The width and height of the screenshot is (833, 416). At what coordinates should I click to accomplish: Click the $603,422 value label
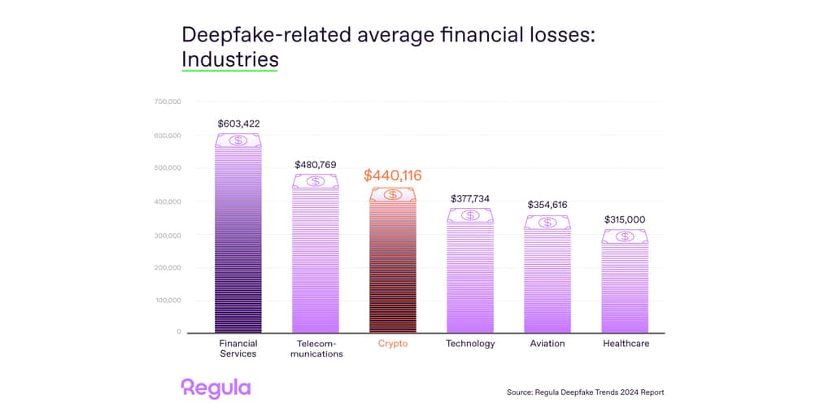[x=238, y=123]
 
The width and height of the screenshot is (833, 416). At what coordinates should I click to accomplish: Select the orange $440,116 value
[x=393, y=175]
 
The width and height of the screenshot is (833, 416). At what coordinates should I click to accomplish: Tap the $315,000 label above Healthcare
[x=625, y=219]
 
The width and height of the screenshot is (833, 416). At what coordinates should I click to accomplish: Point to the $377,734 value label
[x=470, y=198]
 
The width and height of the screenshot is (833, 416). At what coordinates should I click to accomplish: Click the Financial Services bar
[x=238, y=244]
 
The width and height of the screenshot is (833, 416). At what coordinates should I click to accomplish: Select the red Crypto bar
[x=393, y=268]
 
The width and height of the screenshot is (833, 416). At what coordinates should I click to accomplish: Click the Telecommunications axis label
[x=316, y=349]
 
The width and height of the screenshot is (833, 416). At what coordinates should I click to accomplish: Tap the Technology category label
[x=470, y=344]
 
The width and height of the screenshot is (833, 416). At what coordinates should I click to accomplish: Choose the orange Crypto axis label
[x=393, y=344]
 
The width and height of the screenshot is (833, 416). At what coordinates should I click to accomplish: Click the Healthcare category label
[x=626, y=344]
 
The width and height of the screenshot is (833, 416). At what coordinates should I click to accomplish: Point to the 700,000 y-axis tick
[x=167, y=102]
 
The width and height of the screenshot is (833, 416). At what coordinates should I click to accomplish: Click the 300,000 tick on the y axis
[x=167, y=235]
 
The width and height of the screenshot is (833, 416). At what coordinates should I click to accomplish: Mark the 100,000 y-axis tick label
[x=167, y=301]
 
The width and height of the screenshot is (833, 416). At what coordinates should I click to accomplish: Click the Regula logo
[x=216, y=388]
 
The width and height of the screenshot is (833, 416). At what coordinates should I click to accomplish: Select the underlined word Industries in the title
[x=229, y=59]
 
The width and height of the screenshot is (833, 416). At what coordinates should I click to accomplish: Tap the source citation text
[x=585, y=392]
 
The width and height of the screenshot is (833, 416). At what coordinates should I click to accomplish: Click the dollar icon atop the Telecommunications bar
[x=316, y=181]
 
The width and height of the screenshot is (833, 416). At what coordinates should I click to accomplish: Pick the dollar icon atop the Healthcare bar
[x=625, y=236]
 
